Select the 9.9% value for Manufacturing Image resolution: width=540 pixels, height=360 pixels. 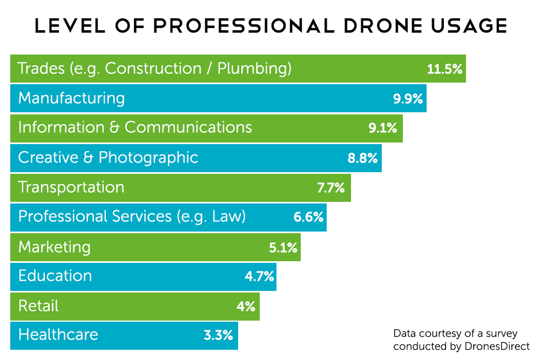pyautogui.click(x=408, y=99)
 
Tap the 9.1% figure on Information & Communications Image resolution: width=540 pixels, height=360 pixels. pyautogui.click(x=383, y=128)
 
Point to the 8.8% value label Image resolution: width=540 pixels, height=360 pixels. pyautogui.click(x=362, y=158)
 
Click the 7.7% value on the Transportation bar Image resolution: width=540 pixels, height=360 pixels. pyautogui.click(x=331, y=188)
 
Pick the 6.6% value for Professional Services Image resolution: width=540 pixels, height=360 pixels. pyautogui.click(x=308, y=218)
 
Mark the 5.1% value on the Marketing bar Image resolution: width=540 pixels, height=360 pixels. pyautogui.click(x=283, y=248)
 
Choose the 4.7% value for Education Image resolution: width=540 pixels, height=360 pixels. pyautogui.click(x=259, y=277)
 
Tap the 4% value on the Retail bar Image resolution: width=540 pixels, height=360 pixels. pyautogui.click(x=246, y=307)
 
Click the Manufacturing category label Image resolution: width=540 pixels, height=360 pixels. pyautogui.click(x=71, y=98)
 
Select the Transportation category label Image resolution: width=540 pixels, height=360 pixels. pyautogui.click(x=71, y=187)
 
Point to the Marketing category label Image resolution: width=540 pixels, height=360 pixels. pyautogui.click(x=55, y=247)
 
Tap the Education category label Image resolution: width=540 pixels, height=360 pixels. pyautogui.click(x=55, y=276)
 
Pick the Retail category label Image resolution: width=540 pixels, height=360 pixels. pyautogui.click(x=38, y=306)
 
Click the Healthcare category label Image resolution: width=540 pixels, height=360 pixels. pyautogui.click(x=58, y=335)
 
